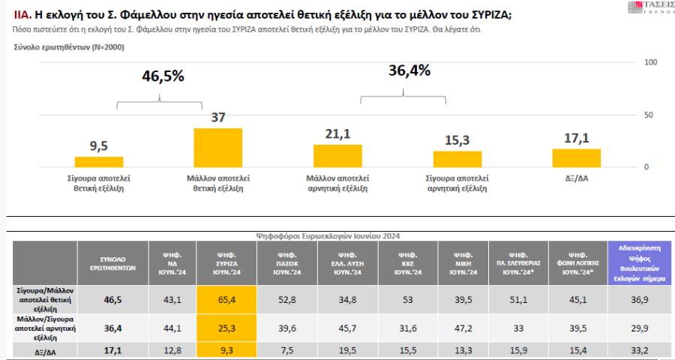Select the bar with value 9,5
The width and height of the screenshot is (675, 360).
click(99, 161)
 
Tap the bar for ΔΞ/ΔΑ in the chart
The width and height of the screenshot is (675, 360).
click(576, 157)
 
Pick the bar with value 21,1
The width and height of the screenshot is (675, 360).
click(337, 155)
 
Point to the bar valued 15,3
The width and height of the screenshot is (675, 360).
click(457, 158)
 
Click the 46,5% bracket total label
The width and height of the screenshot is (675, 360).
click(163, 76)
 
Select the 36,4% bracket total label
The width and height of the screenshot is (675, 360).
click(409, 70)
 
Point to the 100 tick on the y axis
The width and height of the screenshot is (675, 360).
click(651, 61)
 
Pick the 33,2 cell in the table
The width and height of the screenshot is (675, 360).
click(639, 349)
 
